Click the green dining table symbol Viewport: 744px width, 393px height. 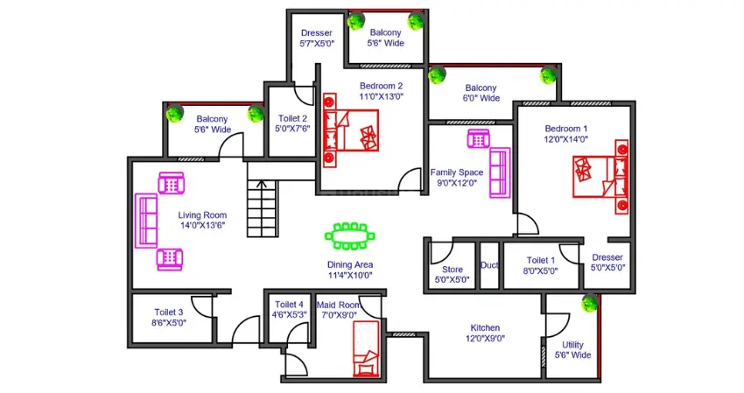tap(350, 236)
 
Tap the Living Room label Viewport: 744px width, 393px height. tap(202, 215)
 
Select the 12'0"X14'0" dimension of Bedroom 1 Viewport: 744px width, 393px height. tap(565, 139)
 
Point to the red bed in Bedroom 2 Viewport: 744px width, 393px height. tap(351, 130)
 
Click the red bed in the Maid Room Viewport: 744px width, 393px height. tap(366, 348)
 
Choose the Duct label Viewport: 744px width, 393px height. tap(489, 265)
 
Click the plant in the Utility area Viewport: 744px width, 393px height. tap(589, 303)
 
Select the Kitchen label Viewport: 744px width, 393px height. tap(485, 327)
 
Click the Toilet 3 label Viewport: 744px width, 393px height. tap(168, 312)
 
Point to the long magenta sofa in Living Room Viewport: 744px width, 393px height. tap(146, 221)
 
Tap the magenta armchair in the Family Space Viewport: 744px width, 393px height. tap(478, 139)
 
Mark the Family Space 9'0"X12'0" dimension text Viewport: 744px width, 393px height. tap(457, 183)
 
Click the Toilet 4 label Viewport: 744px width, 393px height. tap(289, 305)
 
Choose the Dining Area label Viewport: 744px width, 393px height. tap(350, 264)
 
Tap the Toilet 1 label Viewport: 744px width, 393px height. tap(540, 260)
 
